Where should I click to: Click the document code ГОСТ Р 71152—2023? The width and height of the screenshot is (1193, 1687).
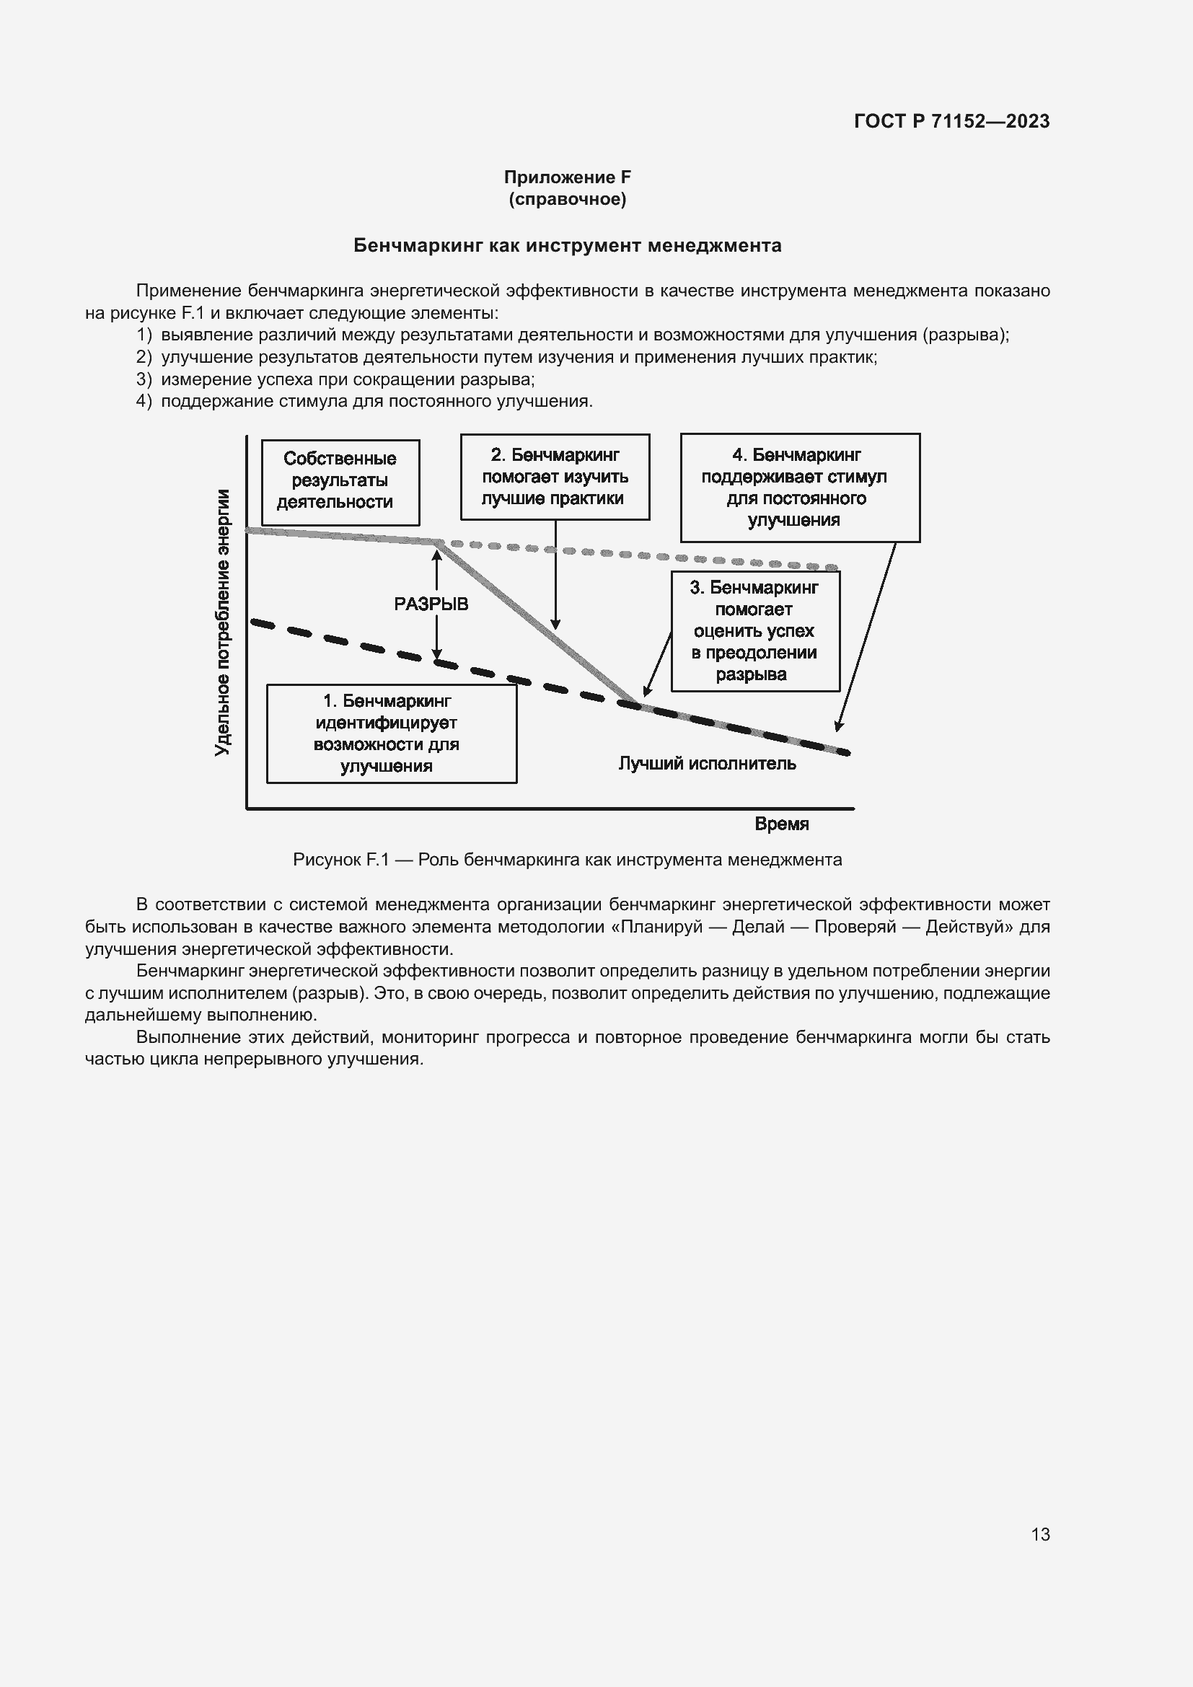tap(951, 121)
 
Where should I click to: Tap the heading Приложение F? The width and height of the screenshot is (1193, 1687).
tap(567, 177)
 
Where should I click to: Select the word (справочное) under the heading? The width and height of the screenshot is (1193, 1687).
tap(567, 199)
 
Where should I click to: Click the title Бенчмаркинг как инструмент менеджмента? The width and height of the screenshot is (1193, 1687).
tap(567, 245)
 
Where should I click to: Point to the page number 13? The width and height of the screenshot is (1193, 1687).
tap(1040, 1534)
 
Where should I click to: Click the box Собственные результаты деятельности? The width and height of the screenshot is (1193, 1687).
tap(340, 481)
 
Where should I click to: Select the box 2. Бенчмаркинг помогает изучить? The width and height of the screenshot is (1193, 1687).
tap(555, 477)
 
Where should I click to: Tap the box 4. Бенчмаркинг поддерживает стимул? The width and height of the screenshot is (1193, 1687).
tap(799, 487)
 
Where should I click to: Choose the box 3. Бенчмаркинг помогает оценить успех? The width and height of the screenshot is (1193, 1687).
tap(754, 631)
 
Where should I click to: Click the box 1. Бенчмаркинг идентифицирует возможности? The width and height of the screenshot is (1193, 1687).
tap(391, 734)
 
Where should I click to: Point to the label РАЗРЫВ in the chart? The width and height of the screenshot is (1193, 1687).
tap(431, 604)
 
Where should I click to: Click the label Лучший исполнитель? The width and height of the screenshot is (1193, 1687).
tap(707, 763)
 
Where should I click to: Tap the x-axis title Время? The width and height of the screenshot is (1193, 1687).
tap(782, 824)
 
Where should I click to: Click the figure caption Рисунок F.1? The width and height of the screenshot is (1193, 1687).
tap(567, 860)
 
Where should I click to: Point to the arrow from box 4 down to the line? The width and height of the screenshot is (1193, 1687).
tap(867, 635)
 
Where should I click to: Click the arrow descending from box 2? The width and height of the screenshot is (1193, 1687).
tap(555, 573)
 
